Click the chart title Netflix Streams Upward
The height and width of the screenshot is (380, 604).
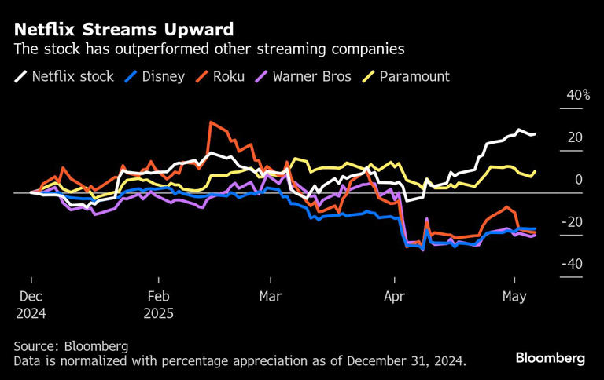pos(123,30)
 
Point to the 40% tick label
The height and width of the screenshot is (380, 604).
pos(574,95)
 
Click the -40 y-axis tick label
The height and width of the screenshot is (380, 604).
pos(571,264)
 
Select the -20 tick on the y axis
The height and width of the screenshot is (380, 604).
pos(571,222)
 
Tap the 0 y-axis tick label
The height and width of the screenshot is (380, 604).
pos(578,180)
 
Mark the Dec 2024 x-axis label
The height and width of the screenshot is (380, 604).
pos(31,305)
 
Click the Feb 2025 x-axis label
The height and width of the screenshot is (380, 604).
pos(158,305)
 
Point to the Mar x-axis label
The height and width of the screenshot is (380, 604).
pos(270,297)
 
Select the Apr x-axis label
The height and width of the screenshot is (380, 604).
pos(394,297)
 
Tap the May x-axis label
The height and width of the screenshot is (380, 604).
pos(514,297)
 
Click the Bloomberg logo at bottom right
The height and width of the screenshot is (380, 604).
pos(550,358)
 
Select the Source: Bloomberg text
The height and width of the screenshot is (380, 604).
pos(71,346)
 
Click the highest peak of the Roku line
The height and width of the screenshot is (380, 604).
pos(211,122)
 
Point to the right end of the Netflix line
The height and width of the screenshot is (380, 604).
pos(536,134)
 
